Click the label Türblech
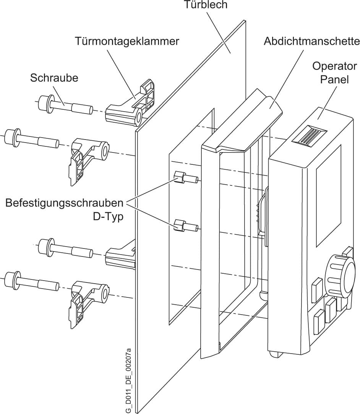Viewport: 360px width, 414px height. click(x=206, y=5)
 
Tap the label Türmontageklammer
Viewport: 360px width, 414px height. click(x=127, y=41)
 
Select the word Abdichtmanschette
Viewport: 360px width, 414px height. click(x=311, y=41)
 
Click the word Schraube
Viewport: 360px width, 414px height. click(x=54, y=78)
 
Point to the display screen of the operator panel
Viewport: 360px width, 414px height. click(x=328, y=195)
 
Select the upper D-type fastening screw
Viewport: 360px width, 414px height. click(x=185, y=178)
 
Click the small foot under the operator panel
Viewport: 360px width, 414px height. click(x=275, y=354)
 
